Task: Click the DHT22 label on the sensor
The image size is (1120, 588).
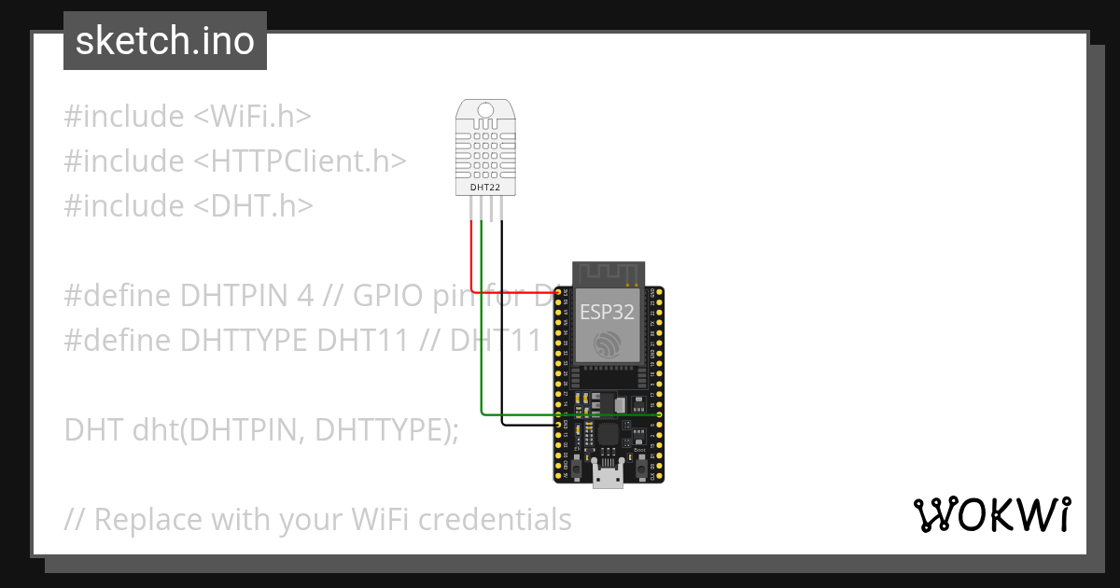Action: click(485, 188)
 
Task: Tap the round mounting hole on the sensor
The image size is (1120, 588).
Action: click(485, 109)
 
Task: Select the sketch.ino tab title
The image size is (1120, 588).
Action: click(165, 41)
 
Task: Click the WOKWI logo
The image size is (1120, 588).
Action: click(991, 515)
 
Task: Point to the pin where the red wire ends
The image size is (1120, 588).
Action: click(558, 293)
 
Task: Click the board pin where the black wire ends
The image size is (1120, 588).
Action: click(558, 425)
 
